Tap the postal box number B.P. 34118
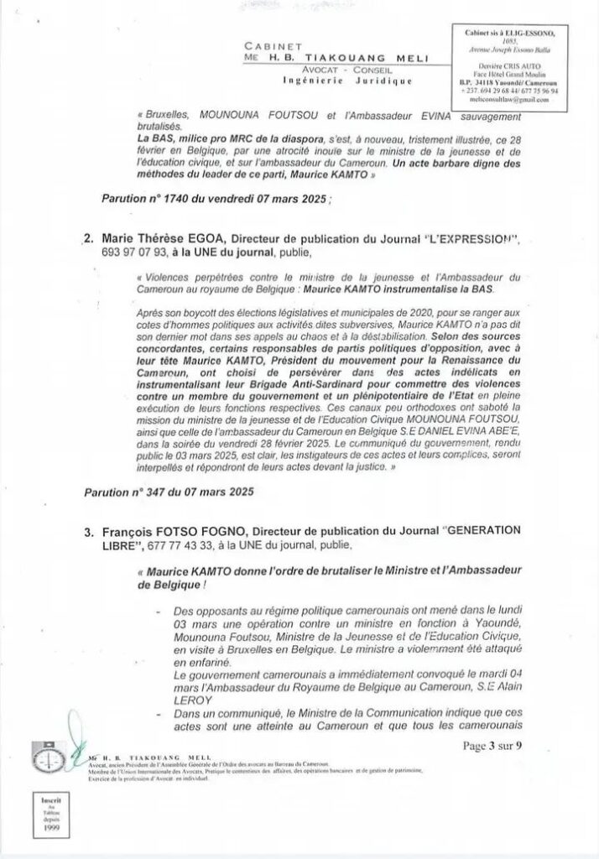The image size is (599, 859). [482, 82]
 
